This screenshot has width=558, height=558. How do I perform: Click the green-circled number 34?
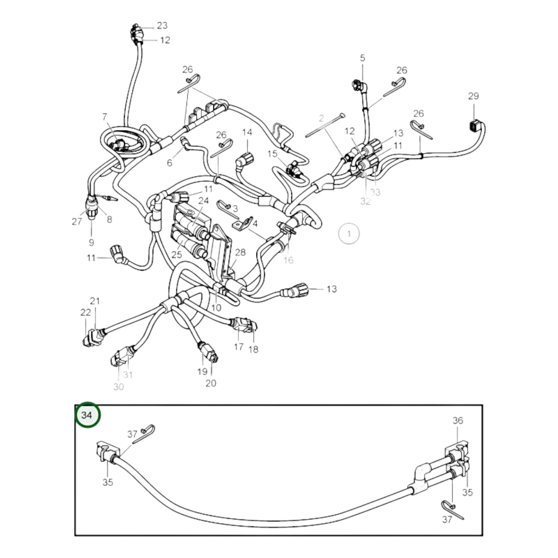coord(87,416)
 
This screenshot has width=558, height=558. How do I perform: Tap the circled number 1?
coord(349,234)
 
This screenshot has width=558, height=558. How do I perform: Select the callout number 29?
coord(473,96)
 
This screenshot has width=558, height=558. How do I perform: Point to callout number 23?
coord(162,25)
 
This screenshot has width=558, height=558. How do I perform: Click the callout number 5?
coord(362,58)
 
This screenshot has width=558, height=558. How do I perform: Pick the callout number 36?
coord(458,421)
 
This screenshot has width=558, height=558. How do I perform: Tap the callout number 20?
coord(211,383)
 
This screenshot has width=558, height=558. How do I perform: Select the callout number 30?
coord(119,387)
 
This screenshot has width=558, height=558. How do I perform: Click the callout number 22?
coord(86,313)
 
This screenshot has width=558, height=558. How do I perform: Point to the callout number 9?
coord(92,243)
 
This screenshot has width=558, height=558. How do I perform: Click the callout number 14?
coord(247,132)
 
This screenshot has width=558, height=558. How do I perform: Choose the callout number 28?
coord(240,252)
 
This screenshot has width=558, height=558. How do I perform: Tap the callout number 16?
coord(288,260)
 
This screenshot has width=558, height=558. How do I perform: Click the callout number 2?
coord(321,119)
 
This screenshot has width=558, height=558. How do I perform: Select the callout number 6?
coord(170,163)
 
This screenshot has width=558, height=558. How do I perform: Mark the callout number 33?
coord(375,192)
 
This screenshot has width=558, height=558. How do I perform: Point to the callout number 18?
coord(253,349)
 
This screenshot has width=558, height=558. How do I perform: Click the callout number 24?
coord(204,201)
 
